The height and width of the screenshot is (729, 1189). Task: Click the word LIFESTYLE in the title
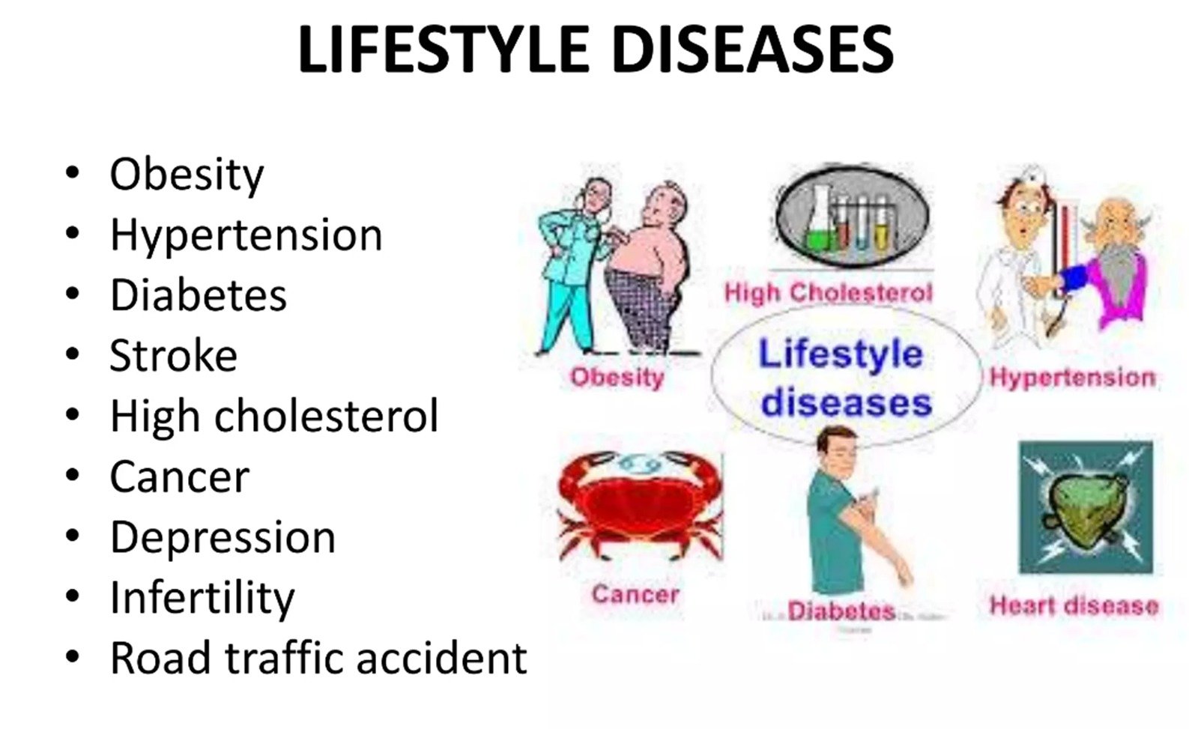(444, 49)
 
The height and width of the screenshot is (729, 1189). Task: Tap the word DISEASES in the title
(753, 49)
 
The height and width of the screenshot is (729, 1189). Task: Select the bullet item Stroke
(174, 354)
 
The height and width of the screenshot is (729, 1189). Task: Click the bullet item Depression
(223, 537)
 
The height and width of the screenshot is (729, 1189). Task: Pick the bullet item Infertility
(202, 598)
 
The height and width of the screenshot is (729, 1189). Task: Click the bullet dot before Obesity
(72, 172)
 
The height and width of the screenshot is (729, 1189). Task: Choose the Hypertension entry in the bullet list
(246, 235)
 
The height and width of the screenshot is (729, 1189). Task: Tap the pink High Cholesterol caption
(828, 292)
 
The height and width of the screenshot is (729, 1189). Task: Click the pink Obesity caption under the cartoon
(617, 378)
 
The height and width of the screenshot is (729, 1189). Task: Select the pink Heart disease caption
(1074, 605)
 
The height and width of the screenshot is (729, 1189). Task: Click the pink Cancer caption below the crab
(635, 593)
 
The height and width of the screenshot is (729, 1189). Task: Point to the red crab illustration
(639, 504)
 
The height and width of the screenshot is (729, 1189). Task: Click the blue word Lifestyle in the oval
(841, 354)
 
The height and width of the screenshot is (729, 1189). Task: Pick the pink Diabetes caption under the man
(842, 611)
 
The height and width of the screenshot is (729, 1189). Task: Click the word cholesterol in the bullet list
(327, 416)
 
